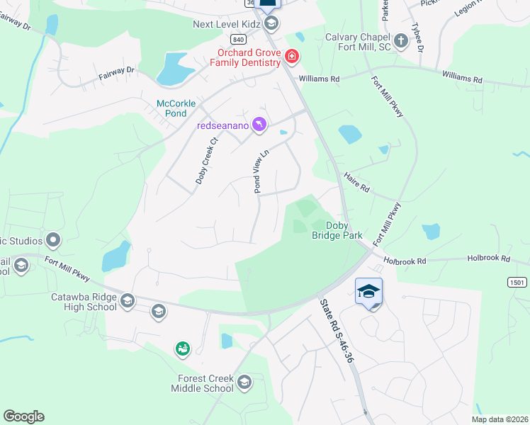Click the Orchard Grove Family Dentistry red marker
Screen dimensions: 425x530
291,56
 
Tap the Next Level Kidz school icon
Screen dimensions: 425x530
271,24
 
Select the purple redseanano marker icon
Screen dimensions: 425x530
259,125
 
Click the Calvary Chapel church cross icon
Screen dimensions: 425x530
401,40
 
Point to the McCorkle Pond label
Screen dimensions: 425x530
171,108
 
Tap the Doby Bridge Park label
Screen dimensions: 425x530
337,230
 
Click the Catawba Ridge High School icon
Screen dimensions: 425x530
128,302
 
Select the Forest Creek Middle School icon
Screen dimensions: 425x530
244,382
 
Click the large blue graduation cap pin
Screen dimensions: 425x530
368,292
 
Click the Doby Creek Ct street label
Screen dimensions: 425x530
206,159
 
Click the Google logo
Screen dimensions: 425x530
23,416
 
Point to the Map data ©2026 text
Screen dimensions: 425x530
500,419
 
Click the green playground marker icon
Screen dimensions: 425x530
183,348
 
